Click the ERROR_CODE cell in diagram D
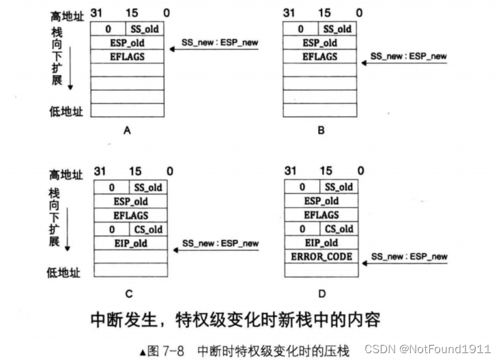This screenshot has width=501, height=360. click(321, 256)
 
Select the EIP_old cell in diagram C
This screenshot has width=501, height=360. click(130, 243)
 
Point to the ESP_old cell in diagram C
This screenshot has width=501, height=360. click(130, 202)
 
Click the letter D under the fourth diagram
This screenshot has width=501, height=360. click(320, 294)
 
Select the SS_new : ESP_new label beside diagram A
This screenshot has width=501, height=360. click(220, 42)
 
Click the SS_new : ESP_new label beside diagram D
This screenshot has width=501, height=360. click(409, 257)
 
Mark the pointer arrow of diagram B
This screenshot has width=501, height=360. click(403, 63)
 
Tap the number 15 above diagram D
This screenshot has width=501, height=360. click(326, 171)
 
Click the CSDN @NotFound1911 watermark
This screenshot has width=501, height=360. click(427, 349)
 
